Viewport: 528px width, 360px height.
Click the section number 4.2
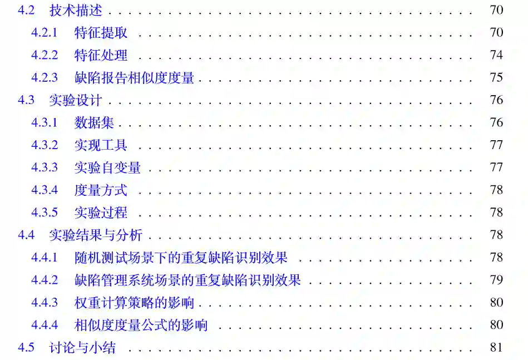[x=26, y=10]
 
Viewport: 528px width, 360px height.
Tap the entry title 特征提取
[x=101, y=33]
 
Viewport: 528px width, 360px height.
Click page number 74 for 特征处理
[x=496, y=55]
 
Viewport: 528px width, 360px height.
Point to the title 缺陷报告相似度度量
[x=134, y=78]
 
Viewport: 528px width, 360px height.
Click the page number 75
[x=496, y=77]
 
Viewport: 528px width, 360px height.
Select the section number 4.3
[x=26, y=100]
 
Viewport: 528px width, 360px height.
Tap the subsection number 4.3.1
[x=45, y=123]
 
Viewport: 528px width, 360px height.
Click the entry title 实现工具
[x=101, y=145]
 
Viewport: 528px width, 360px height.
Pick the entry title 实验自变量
[x=107, y=167]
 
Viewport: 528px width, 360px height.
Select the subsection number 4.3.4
[x=45, y=190]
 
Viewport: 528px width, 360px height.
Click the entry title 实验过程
[x=101, y=213]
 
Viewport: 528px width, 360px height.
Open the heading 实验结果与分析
[x=96, y=235]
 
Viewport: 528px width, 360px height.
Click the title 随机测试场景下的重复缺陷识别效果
[x=181, y=258]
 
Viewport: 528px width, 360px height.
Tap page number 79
[x=496, y=280]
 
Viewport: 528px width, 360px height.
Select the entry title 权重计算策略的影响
[x=134, y=303]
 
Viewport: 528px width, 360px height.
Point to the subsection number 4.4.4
[x=45, y=325]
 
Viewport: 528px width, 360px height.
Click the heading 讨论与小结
[x=82, y=348]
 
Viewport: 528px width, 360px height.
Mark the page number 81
[x=496, y=347]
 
